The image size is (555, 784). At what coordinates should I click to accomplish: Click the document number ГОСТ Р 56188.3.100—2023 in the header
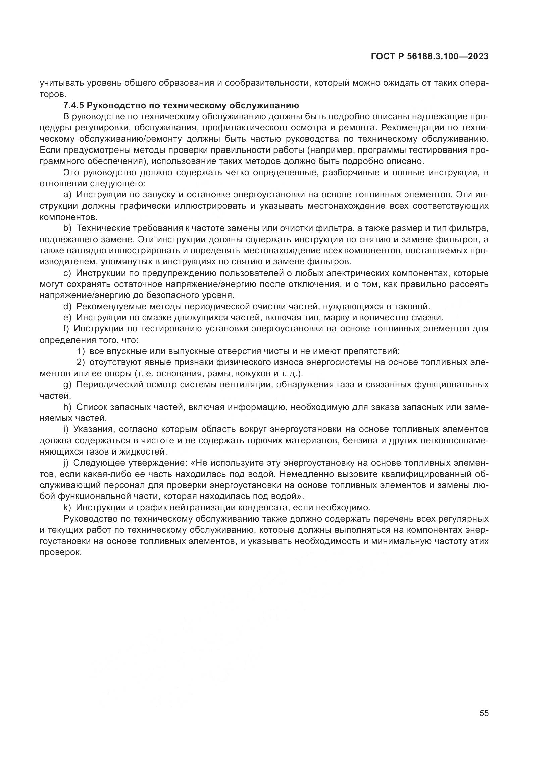tap(429, 57)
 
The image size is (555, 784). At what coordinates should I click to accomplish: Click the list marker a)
tap(67, 195)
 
